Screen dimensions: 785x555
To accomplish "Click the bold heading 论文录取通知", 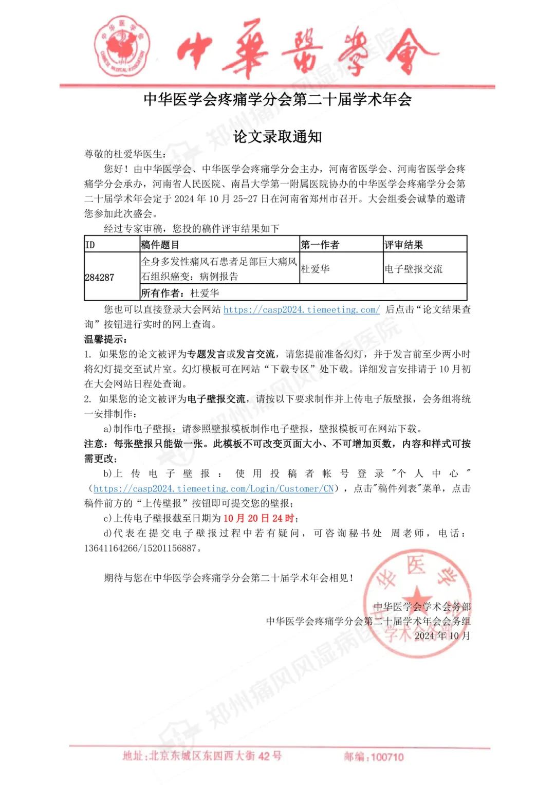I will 277,136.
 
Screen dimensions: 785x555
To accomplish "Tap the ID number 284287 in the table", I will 99,277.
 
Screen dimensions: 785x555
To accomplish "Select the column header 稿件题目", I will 160,245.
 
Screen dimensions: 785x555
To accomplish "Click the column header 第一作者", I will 320,245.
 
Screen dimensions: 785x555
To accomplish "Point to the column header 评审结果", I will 403,245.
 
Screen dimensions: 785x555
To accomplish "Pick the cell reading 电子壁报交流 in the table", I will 413,269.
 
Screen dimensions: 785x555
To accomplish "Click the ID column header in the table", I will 90,245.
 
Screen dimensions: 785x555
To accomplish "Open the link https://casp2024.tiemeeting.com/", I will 302,309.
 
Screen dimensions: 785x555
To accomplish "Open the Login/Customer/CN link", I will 214,488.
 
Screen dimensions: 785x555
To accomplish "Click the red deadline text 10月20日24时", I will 258,518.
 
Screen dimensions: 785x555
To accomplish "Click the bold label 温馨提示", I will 105,339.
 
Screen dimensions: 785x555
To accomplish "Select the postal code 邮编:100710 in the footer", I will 374,756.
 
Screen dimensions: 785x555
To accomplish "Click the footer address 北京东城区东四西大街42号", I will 202,756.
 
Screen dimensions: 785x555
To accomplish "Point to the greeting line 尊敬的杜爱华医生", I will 125,154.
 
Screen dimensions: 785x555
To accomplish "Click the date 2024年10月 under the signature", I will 442,636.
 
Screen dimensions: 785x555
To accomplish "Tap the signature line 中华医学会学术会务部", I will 422,607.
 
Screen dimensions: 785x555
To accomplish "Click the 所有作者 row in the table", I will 180,293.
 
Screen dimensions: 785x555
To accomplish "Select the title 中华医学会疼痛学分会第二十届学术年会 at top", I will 277,99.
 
